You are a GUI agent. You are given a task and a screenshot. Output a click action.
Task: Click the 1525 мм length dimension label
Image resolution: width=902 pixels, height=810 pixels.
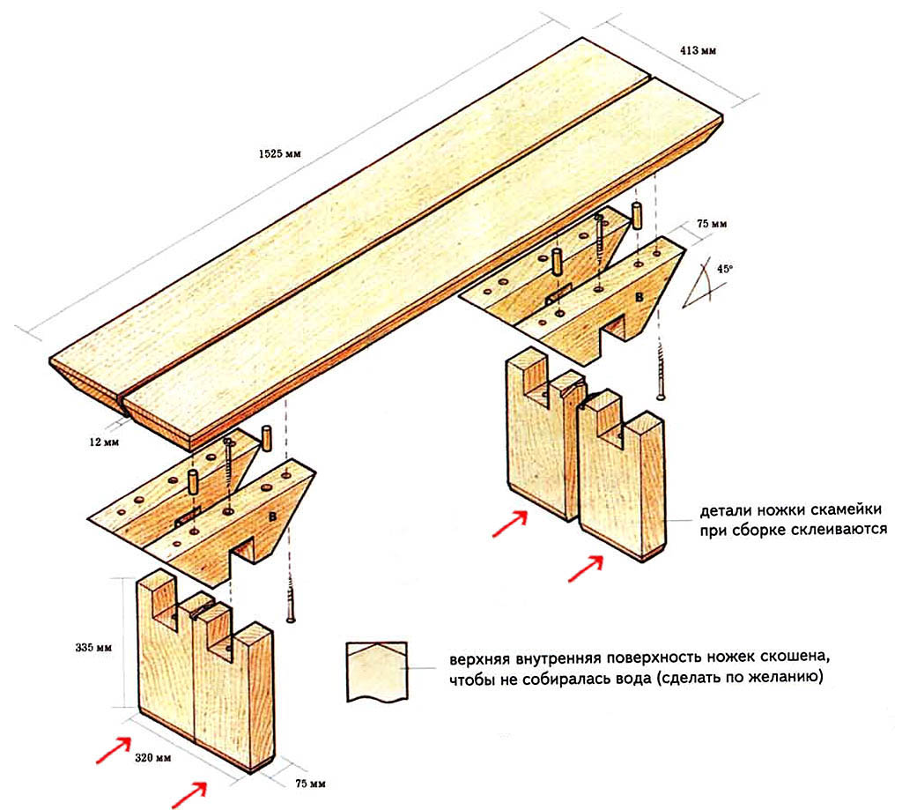pos(279,153)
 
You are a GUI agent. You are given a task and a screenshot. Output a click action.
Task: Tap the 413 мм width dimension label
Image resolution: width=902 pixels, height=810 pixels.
pos(698,50)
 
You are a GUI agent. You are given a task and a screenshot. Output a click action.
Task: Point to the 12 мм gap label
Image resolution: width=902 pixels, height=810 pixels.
pos(104,442)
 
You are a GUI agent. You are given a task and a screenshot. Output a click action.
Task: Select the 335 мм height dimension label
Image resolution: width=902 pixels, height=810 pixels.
pos(93,648)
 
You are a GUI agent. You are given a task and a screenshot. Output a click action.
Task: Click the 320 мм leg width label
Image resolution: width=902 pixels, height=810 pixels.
pos(153,758)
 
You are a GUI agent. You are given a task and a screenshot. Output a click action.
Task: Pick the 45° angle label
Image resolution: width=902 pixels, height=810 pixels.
pos(725,268)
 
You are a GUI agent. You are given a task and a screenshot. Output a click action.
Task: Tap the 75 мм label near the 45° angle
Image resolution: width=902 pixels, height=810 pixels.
pos(712,223)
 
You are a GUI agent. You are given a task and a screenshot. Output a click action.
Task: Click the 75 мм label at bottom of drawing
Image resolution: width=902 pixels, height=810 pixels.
pos(310,784)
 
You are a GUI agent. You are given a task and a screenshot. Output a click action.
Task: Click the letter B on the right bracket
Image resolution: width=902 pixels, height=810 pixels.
pos(639,298)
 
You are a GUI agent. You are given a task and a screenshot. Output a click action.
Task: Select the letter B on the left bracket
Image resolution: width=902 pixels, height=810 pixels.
pos(272,517)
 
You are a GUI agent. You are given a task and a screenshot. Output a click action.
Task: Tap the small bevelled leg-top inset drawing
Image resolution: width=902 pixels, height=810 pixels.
pos(377,672)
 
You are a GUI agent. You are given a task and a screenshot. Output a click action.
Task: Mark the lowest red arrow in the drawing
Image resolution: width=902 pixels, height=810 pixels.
pos(189,795)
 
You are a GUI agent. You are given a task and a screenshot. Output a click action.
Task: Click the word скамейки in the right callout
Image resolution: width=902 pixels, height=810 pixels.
pos(846,510)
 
